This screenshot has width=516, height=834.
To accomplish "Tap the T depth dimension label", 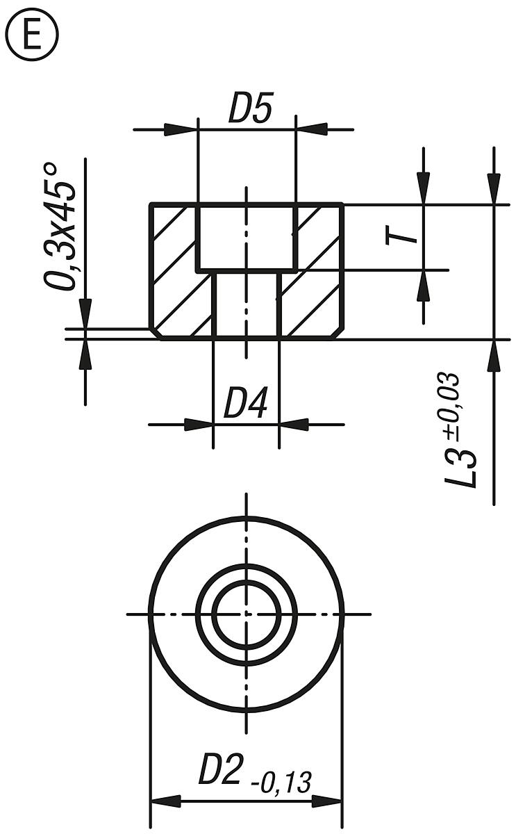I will (403, 236).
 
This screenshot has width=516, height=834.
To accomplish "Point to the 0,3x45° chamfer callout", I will (60, 226).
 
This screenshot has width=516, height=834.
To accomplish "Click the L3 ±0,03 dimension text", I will (462, 431).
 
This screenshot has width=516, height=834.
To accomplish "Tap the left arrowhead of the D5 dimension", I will (181, 129).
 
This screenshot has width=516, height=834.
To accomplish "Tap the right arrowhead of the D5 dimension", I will (312, 129).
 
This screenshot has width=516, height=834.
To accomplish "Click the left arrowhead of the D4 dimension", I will (198, 423).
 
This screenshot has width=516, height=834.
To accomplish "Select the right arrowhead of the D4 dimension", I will (294, 423).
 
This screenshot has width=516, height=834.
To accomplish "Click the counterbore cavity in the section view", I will (247, 236).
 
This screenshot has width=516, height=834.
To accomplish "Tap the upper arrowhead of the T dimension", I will (422, 188).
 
